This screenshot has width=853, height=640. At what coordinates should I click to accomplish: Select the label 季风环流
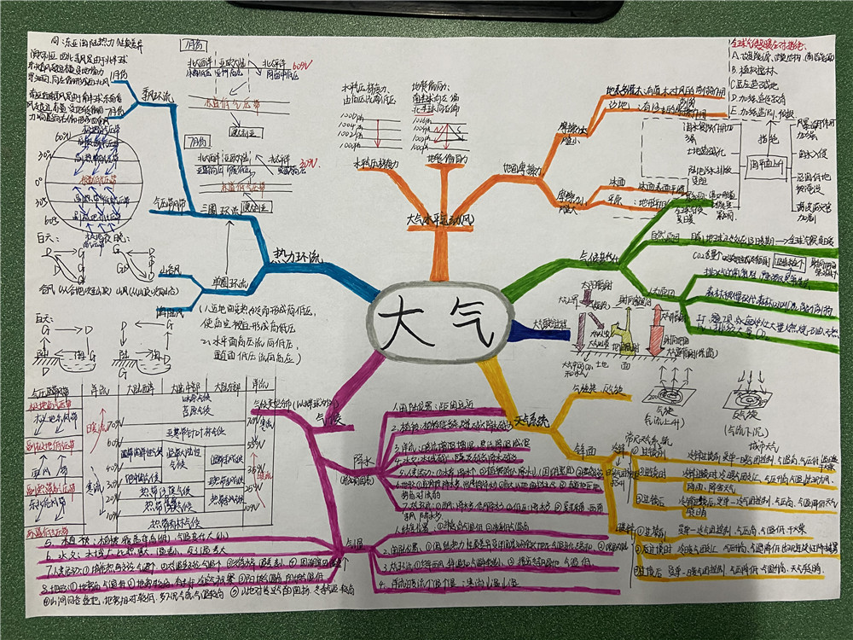click(158, 96)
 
